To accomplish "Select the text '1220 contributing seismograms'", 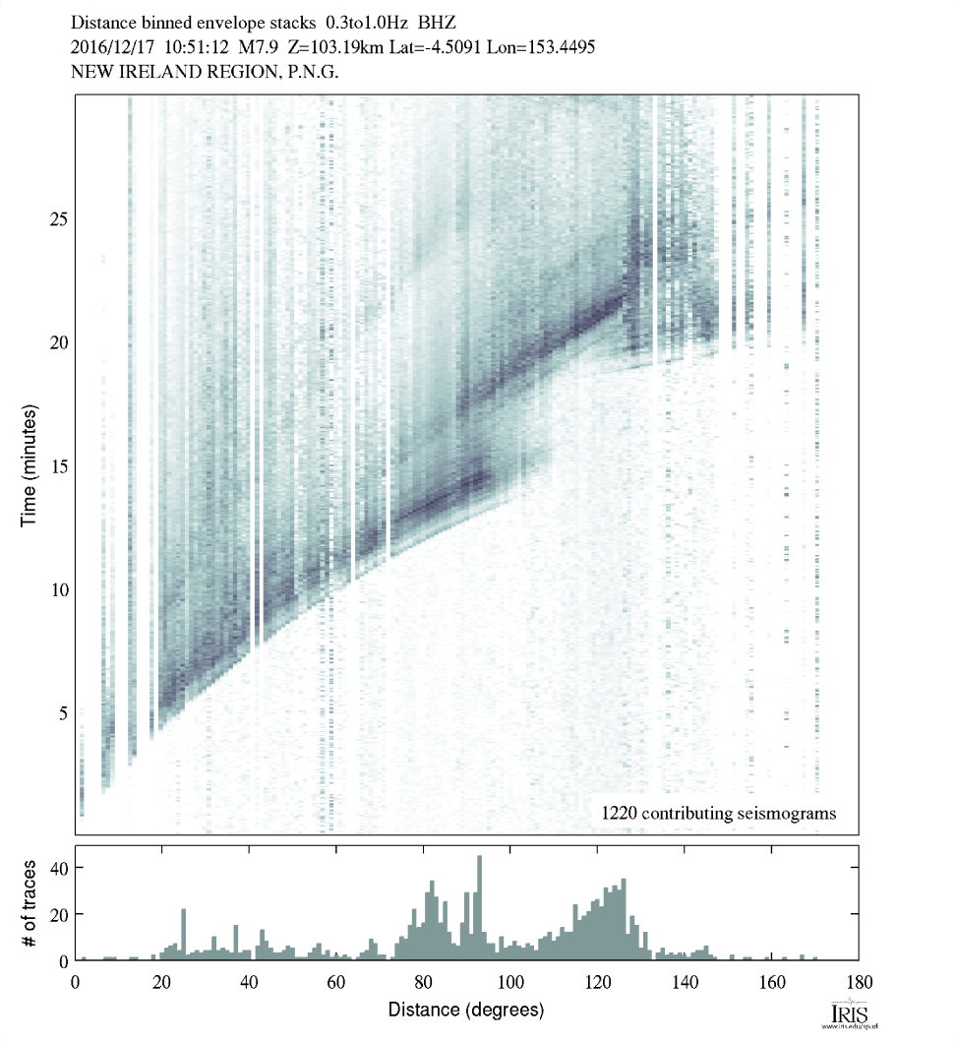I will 718,813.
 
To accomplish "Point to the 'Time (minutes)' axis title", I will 30,464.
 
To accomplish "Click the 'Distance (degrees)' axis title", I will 466,1010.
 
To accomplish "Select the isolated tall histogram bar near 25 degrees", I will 184,934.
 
